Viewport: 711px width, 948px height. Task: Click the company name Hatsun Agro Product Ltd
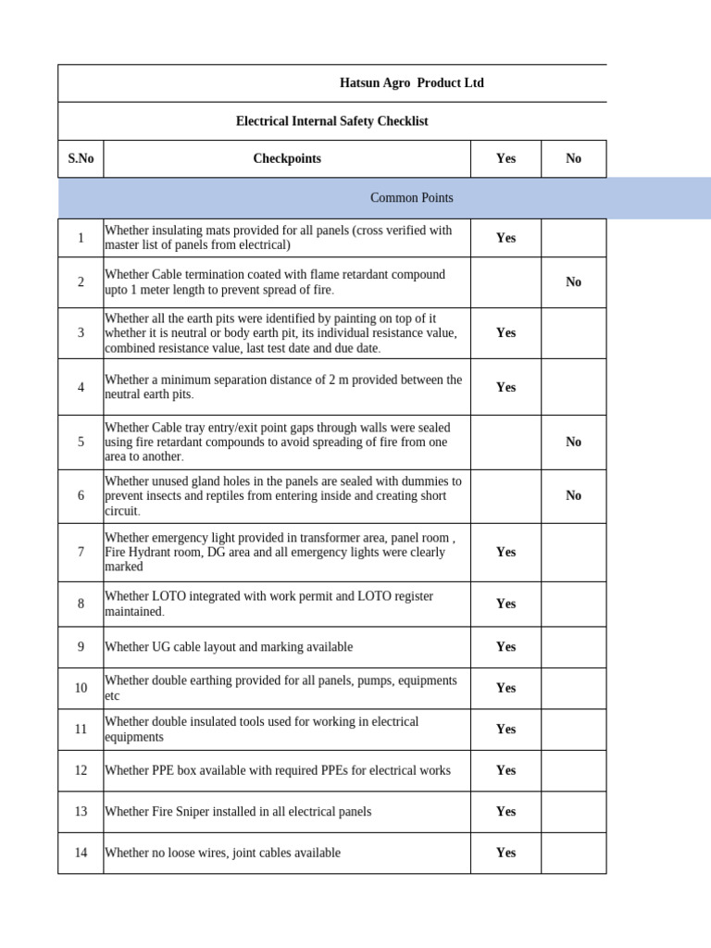click(x=411, y=83)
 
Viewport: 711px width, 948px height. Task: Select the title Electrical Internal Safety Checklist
click(x=331, y=121)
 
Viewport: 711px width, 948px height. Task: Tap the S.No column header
click(x=81, y=158)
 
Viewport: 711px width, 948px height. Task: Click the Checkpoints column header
click(x=287, y=158)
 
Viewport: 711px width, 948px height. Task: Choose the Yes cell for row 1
click(x=505, y=238)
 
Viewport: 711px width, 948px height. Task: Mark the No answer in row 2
click(x=573, y=281)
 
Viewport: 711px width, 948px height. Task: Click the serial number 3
click(x=81, y=332)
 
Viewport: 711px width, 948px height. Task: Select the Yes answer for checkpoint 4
click(x=505, y=387)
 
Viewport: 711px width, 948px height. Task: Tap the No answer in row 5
click(x=573, y=442)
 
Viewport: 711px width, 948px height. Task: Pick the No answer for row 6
click(x=573, y=495)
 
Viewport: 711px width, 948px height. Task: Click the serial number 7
click(x=81, y=552)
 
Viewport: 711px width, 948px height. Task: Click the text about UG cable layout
click(x=229, y=647)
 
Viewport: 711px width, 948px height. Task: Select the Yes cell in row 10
click(x=505, y=688)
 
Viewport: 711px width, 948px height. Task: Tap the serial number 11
click(x=81, y=729)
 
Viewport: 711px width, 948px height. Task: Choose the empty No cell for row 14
click(x=573, y=853)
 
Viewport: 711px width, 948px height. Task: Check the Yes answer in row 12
click(x=505, y=770)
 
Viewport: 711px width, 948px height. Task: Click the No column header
click(x=573, y=158)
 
